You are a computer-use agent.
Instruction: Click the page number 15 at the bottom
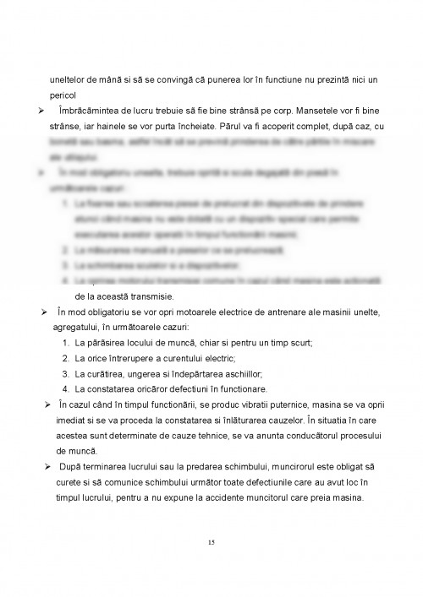tap(211, 542)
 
